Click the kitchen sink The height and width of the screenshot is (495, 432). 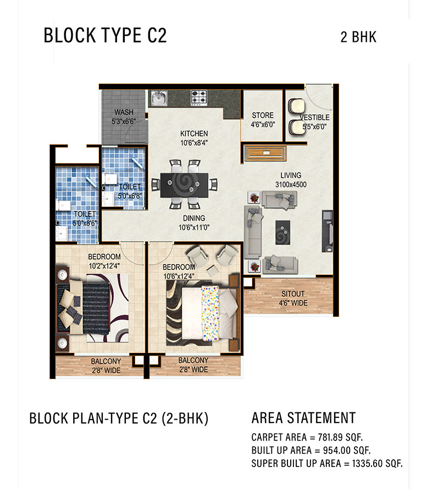coord(159,98)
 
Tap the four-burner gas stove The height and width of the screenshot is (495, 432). coord(199,97)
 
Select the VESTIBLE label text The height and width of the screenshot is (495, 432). coord(314,118)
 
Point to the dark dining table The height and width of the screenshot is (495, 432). coord(184,185)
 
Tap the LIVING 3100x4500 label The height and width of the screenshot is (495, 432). coord(291,180)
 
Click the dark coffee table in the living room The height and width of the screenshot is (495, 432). coord(283,233)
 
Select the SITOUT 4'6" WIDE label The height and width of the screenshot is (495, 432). coord(293,298)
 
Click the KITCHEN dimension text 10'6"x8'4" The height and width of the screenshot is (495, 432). coord(194,143)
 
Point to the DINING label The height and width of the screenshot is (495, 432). coord(194,218)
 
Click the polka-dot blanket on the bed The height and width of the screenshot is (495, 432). coord(210,313)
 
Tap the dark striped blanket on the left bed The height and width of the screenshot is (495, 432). coord(96,309)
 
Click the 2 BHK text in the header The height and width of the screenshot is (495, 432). coord(358,37)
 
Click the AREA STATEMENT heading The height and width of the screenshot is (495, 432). coord(303,417)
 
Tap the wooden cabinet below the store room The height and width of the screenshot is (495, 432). coord(265,153)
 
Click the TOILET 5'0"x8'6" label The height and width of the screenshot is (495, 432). coord(85,219)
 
